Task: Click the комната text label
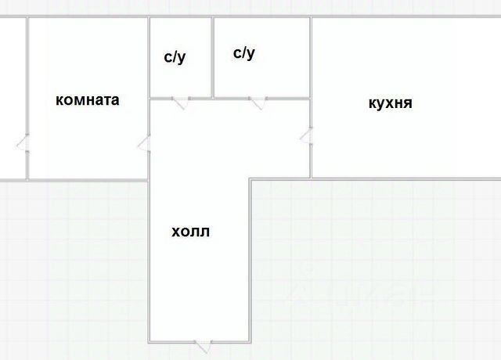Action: click(87, 100)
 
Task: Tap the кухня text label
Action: click(390, 103)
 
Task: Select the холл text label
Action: click(191, 232)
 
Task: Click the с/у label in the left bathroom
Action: click(175, 57)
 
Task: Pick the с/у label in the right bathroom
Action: click(244, 53)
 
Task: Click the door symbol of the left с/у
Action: click(180, 102)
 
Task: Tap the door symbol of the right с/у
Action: click(257, 102)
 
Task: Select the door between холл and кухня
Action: click(306, 138)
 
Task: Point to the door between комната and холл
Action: click(144, 143)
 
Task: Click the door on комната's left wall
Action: click(23, 143)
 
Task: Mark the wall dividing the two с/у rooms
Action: click(212, 58)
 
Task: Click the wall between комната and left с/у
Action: click(149, 58)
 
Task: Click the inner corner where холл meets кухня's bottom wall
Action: click(250, 179)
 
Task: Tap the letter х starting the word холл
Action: click(175, 232)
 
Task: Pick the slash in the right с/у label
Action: click(245, 53)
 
